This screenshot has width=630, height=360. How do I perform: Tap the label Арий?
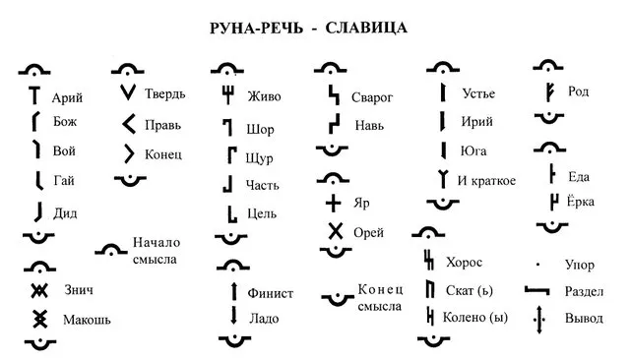coord(67,97)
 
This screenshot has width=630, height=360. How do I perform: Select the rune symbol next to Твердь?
coord(127,94)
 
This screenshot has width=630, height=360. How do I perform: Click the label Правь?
coord(162,125)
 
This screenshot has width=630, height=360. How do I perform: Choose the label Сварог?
coord(375,98)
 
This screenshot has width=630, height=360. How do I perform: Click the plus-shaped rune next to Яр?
coord(335,203)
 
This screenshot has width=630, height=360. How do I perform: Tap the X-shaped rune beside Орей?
coord(335,232)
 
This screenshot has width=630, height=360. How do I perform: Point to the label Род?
coord(579,92)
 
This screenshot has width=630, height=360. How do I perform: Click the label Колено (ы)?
coord(476,318)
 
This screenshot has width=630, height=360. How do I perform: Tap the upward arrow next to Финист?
coord(234,291)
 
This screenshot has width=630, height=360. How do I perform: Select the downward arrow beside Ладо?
coord(234,315)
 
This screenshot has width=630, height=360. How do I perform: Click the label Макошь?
coord(87,320)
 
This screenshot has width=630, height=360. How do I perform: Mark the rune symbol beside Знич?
coord(39,290)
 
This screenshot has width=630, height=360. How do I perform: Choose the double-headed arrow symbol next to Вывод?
coord(537,319)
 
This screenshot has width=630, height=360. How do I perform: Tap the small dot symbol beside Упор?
coord(537,265)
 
